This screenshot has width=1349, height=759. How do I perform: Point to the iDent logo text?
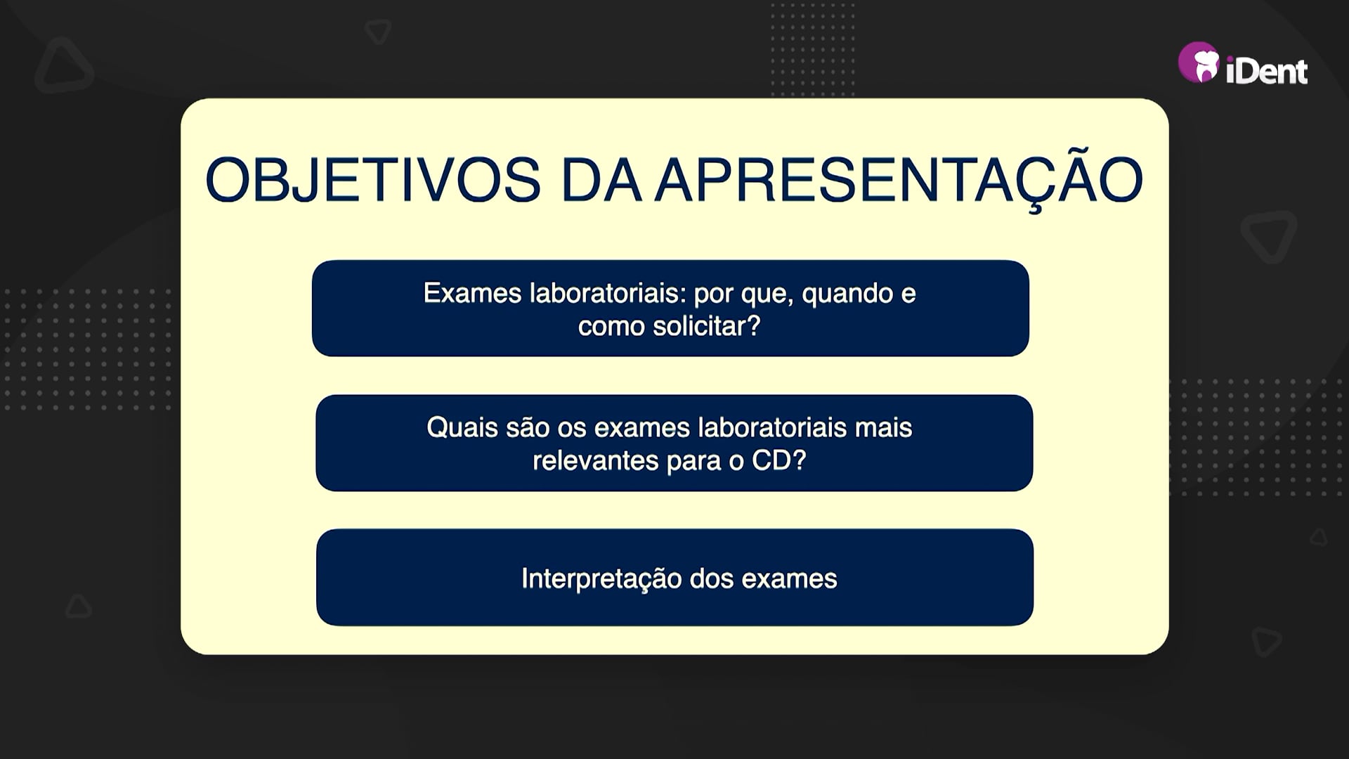(1267, 71)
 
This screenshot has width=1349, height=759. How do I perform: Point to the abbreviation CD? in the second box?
(779, 460)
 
